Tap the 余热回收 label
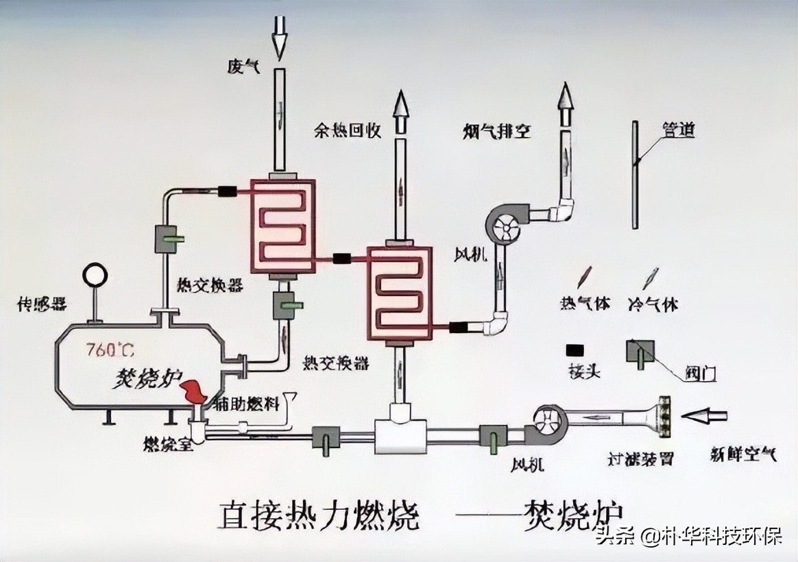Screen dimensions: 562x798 coord(348,130)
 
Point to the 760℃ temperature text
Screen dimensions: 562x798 coord(110,350)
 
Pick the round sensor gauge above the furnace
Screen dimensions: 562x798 coord(94,276)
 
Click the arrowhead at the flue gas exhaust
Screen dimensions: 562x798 coord(566,100)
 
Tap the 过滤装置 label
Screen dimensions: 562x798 coord(642,459)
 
